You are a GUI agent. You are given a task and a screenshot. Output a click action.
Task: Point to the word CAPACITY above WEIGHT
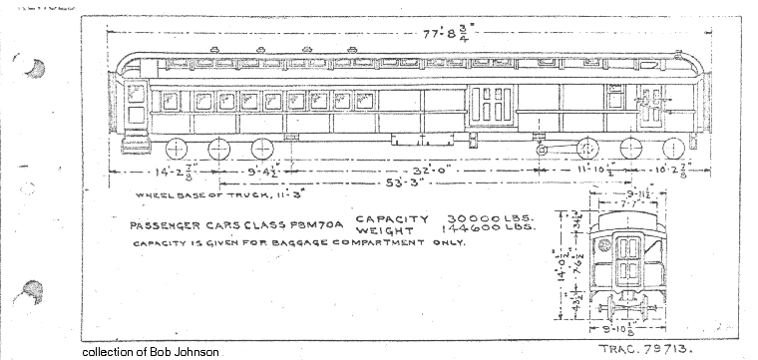click(x=392, y=217)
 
